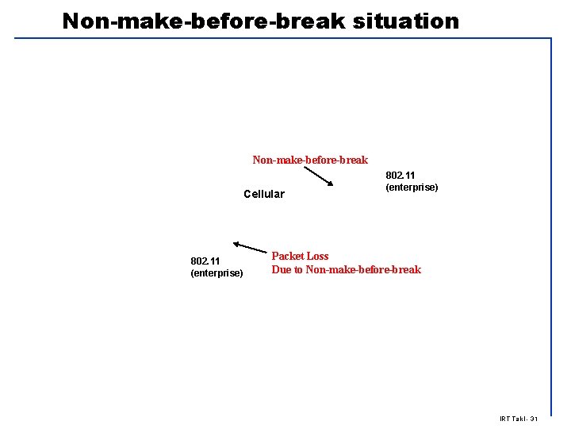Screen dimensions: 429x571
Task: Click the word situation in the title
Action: coord(404,21)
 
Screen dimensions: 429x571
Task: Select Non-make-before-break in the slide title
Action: coord(203,21)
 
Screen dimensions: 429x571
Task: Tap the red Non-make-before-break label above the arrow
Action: coord(310,160)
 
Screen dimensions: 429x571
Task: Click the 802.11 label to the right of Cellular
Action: coord(400,175)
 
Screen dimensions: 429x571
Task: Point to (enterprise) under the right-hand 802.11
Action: coord(412,187)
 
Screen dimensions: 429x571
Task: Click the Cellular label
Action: coord(264,194)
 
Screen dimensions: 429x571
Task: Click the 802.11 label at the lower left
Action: coord(205,261)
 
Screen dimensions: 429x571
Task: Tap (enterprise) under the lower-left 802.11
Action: coord(217,273)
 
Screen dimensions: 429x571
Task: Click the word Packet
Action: coord(288,256)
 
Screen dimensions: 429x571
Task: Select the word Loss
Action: coord(318,256)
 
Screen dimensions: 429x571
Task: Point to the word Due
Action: coord(282,269)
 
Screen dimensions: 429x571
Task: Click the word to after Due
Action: coord(299,269)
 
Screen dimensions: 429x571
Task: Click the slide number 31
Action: coord(533,419)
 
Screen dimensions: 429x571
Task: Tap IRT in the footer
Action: coord(505,419)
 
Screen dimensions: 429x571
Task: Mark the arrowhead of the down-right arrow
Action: coord(331,185)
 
